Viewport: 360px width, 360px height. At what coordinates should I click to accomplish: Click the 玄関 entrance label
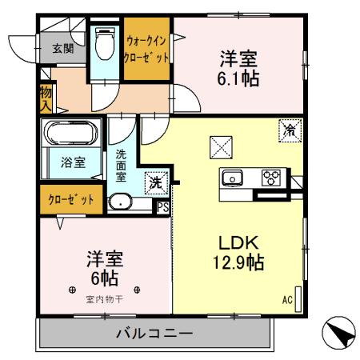[x=62, y=48]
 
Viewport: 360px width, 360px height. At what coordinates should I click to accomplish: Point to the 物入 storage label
[x=46, y=98]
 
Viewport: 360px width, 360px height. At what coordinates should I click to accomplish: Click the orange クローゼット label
[x=70, y=198]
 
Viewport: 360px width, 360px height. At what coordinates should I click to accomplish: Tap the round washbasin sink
[x=122, y=202]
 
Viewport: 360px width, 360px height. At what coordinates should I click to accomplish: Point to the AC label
[x=286, y=300]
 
